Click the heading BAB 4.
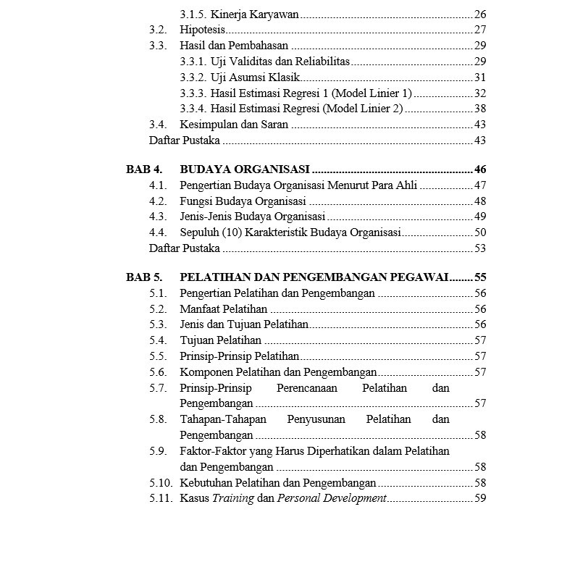[x=143, y=169]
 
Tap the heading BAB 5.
[x=143, y=277]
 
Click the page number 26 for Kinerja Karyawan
[x=480, y=14]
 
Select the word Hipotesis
[x=202, y=30]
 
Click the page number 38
[x=480, y=109]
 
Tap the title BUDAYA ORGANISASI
[x=245, y=169]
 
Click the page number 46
[x=480, y=169]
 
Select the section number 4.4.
[x=158, y=232]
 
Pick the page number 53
[x=480, y=248]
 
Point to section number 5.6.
[x=158, y=372]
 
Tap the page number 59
[x=480, y=498]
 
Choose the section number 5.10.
[x=161, y=482]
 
